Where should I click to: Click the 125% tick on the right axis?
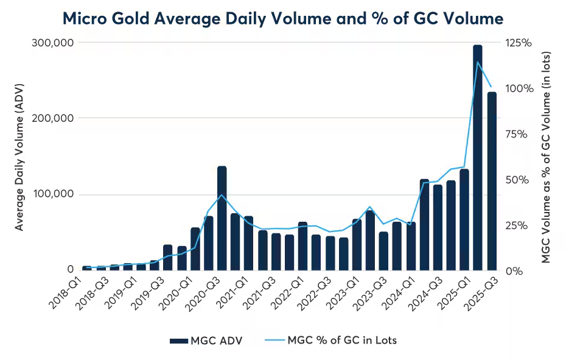519,43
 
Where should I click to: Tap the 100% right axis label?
519,88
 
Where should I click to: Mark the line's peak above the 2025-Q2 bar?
478,62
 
